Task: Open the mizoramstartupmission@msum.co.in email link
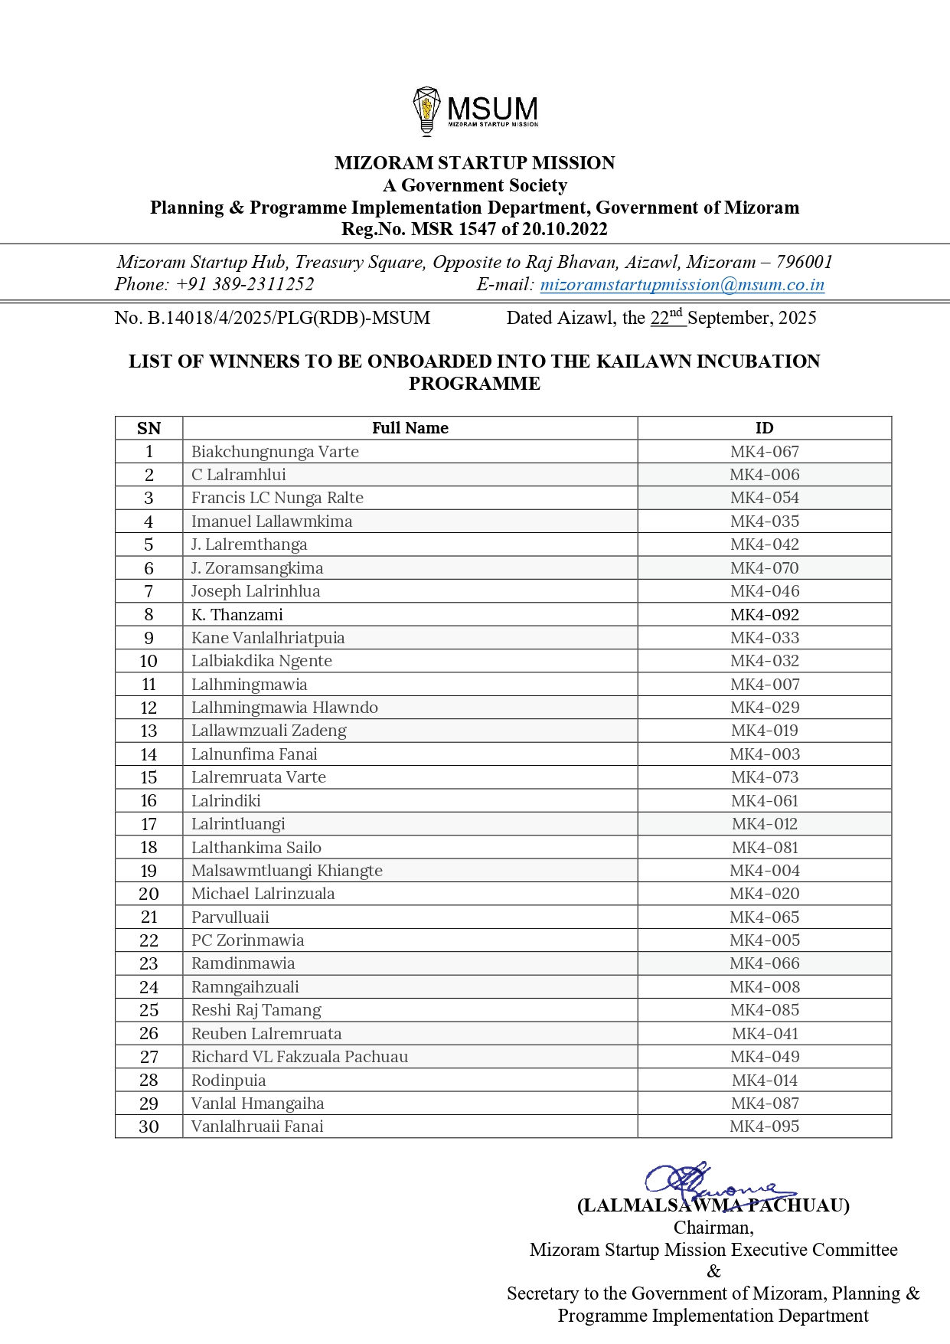pyautogui.click(x=681, y=285)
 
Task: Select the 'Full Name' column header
pyautogui.click(x=410, y=428)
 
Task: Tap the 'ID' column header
pyautogui.click(x=764, y=428)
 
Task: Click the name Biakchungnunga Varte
pyautogui.click(x=275, y=452)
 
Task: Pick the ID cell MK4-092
pyautogui.click(x=764, y=615)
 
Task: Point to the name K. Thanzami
pyautogui.click(x=237, y=615)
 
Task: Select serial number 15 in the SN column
pyautogui.click(x=149, y=777)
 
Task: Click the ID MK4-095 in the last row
pyautogui.click(x=764, y=1127)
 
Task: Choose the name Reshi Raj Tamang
pyautogui.click(x=256, y=1010)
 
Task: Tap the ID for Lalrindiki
pyautogui.click(x=764, y=801)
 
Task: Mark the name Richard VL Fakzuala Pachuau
pyautogui.click(x=299, y=1057)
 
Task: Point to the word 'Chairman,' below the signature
pyautogui.click(x=713, y=1228)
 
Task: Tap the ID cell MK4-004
pyautogui.click(x=764, y=871)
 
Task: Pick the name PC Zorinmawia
pyautogui.click(x=247, y=940)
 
